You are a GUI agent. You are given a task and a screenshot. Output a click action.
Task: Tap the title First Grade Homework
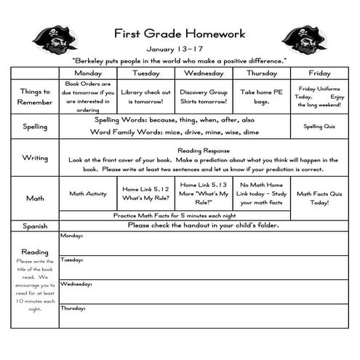point(180,33)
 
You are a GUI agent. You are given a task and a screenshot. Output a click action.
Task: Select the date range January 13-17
point(180,49)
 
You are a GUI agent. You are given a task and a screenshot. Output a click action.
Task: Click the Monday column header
point(87,73)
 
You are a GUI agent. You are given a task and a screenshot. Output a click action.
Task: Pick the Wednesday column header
point(204,73)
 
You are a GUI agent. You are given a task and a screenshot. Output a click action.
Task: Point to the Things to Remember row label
point(34,97)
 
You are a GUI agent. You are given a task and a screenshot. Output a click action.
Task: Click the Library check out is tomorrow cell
point(145,97)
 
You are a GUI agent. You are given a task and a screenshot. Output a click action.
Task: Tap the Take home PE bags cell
point(261,97)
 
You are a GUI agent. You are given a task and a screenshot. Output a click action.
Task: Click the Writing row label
point(34,158)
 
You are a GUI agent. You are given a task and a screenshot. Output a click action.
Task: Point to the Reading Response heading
point(203,150)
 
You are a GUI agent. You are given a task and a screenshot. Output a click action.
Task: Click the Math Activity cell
point(87,194)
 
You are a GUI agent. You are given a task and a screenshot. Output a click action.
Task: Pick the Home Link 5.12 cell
point(145,193)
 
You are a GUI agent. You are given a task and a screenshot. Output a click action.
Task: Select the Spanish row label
point(34,226)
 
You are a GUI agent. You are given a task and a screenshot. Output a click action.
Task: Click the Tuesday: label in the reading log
point(71,260)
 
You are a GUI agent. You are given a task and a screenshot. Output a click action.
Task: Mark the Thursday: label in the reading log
point(73,308)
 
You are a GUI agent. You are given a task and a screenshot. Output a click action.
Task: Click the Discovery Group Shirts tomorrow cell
point(204,97)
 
